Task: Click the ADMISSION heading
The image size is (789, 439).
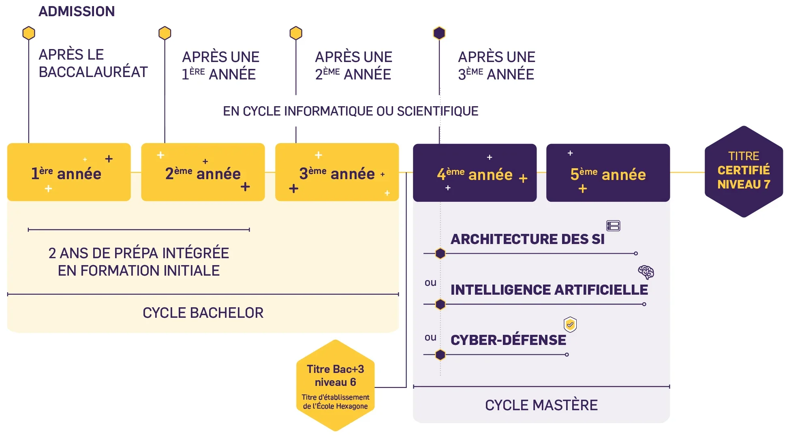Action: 77,11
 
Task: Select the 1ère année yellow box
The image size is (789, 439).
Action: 69,172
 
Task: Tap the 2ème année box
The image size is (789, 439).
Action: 203,172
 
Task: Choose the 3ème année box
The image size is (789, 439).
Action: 337,172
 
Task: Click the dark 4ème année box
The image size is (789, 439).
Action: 475,173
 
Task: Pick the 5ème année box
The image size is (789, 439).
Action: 608,173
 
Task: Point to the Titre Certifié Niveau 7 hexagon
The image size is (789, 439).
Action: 744,171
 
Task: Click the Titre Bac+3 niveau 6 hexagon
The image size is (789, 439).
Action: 335,385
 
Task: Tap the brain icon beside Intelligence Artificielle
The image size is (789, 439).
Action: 646,272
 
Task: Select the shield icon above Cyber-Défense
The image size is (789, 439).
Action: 570,324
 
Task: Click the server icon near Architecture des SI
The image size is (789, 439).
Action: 613,226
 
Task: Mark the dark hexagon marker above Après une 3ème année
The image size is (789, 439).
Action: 439,33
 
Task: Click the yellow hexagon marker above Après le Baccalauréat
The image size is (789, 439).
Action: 29,33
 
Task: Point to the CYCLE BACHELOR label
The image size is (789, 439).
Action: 203,313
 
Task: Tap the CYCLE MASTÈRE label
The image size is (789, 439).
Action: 541,405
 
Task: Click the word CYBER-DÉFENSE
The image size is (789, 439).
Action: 508,340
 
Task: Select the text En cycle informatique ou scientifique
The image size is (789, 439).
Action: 351,111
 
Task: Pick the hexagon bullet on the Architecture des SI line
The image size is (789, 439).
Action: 440,254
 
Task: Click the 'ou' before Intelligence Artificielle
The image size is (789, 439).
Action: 430,283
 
